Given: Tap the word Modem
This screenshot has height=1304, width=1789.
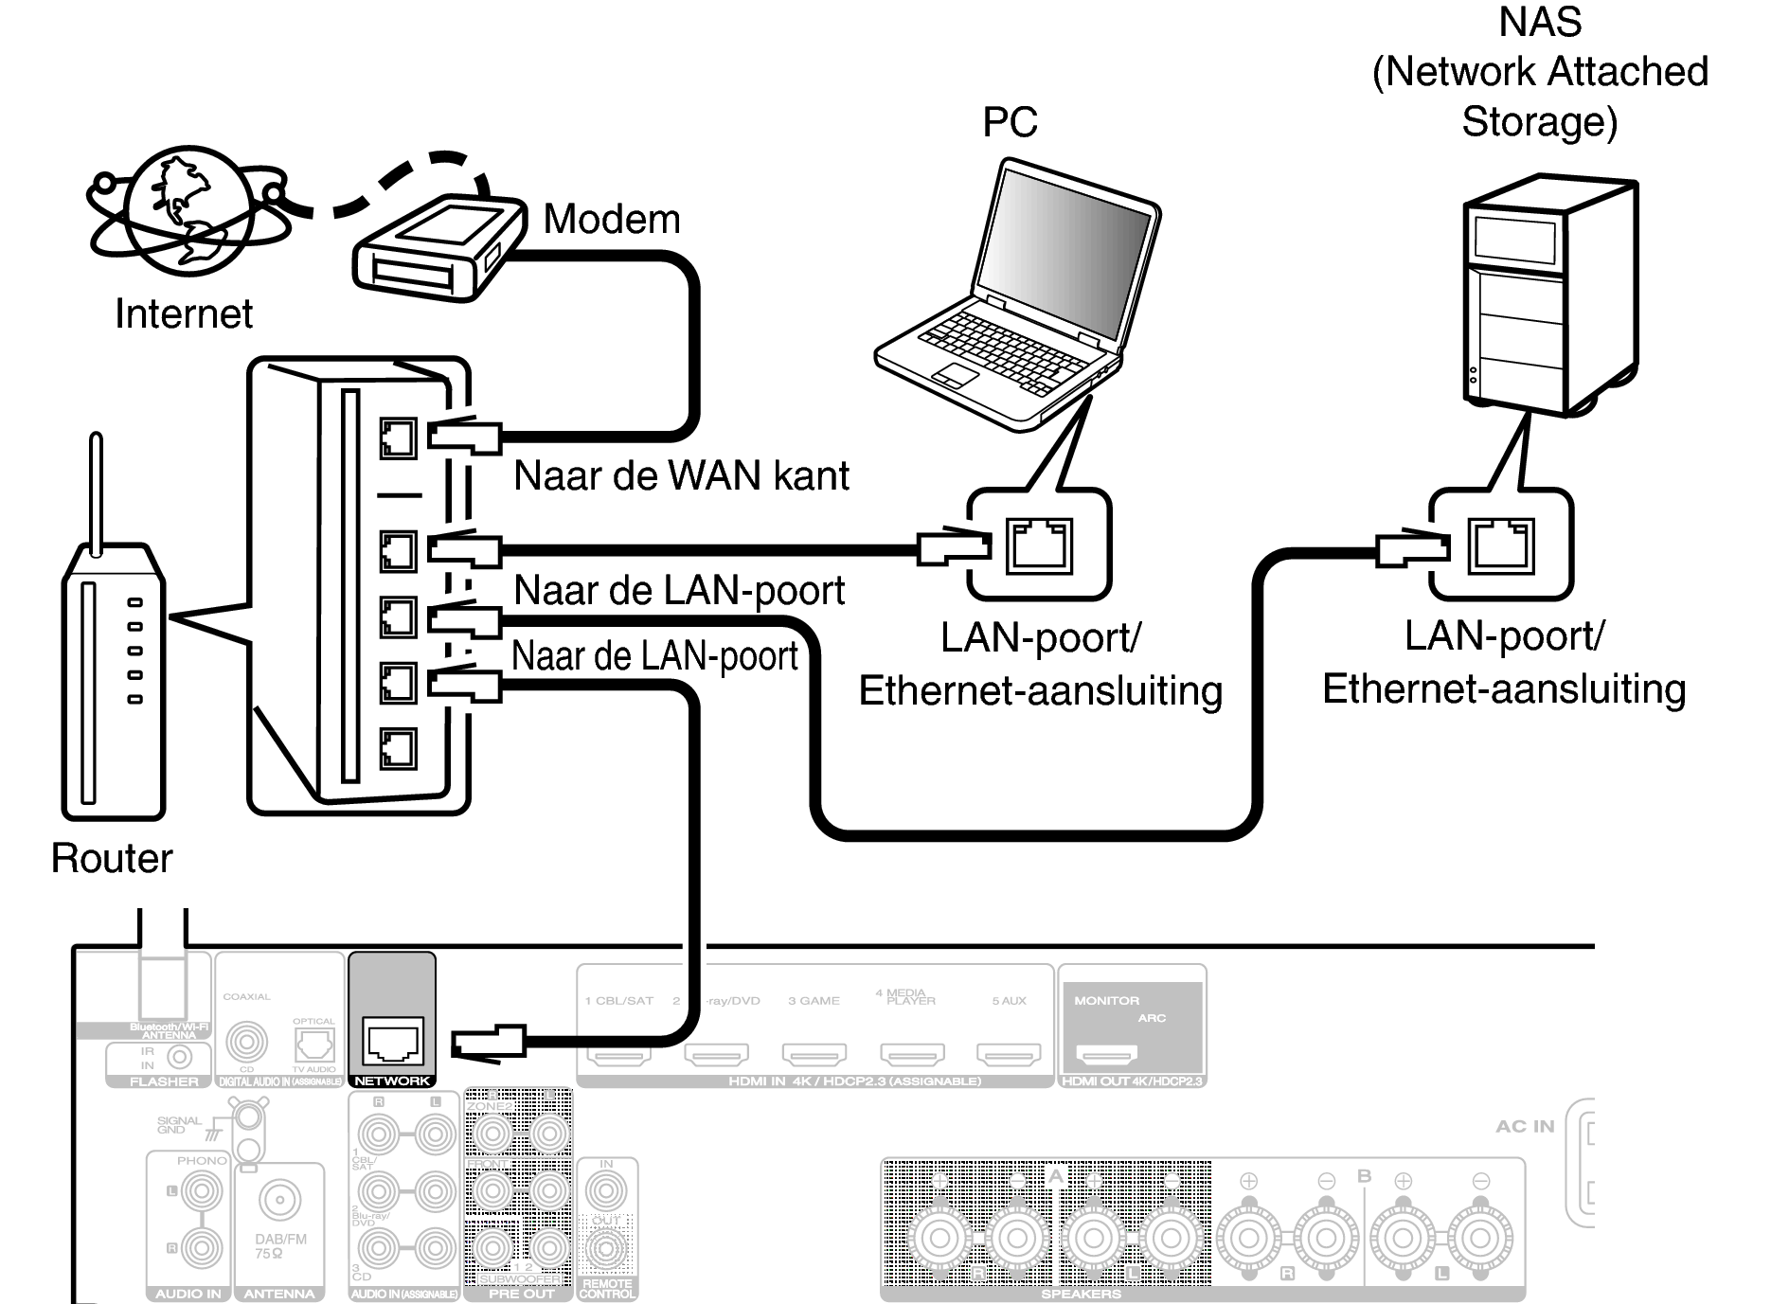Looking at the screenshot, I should (611, 220).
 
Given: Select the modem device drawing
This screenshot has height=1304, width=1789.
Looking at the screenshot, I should (438, 249).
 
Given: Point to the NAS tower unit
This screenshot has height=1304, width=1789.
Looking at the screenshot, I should (1548, 294).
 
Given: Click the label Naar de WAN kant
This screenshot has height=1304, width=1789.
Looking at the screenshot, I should (680, 475).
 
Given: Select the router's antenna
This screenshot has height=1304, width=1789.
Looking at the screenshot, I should (95, 492).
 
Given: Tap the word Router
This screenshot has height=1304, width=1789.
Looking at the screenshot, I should (112, 858).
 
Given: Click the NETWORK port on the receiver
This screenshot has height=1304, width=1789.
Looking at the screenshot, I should (393, 1042).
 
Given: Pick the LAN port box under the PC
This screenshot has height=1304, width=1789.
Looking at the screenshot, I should (1039, 545).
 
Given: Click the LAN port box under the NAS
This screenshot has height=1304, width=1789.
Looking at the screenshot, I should (1500, 545).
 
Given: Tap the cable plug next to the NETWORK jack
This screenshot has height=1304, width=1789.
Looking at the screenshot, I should (488, 1042).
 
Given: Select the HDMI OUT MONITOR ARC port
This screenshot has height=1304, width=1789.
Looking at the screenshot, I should (1108, 1053).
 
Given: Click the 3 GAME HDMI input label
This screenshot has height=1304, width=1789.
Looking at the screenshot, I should (814, 1001).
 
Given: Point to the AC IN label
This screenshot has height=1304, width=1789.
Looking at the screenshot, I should (1525, 1126).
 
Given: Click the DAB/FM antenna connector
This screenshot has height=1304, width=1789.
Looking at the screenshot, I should (279, 1201).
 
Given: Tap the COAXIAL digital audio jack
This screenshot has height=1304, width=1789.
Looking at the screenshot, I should (246, 1042).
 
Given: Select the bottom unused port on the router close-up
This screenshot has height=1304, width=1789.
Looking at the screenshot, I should (398, 748).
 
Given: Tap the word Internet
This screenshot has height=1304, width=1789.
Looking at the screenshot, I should (184, 314).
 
